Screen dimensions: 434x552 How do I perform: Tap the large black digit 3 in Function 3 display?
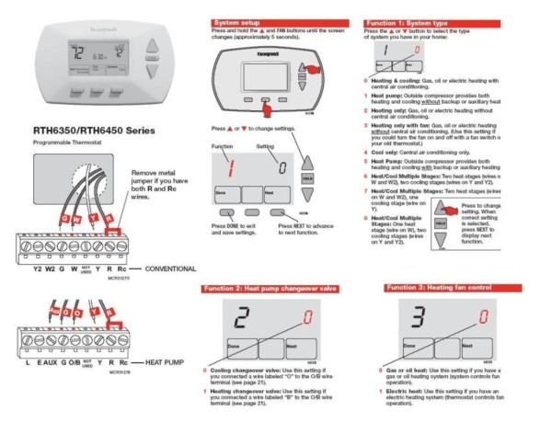click(x=416, y=318)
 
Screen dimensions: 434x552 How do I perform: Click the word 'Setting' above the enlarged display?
click(x=265, y=147)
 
